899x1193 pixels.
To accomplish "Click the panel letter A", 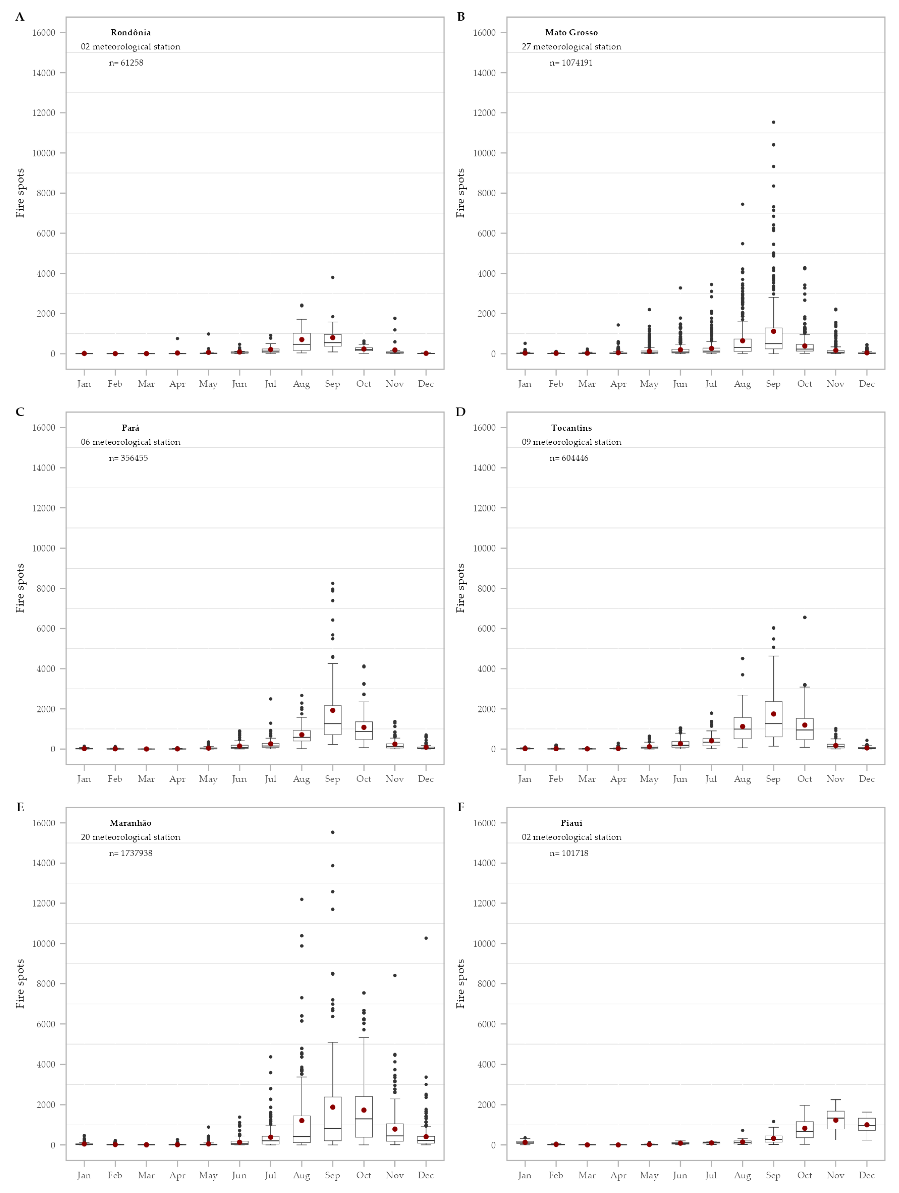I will click(x=20, y=17).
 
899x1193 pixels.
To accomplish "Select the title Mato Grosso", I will click(x=571, y=32).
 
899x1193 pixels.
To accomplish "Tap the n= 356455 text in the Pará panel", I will click(x=128, y=458).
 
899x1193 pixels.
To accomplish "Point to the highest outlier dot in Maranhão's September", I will click(x=333, y=832).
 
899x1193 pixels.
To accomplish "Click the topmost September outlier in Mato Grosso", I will click(x=773, y=122).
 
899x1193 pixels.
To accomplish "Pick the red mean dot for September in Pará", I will click(x=333, y=710).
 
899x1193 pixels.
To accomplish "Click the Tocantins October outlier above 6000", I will click(x=805, y=617).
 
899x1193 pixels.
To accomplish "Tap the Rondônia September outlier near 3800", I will click(x=333, y=277).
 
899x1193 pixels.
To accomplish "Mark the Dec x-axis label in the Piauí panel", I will click(x=867, y=1175).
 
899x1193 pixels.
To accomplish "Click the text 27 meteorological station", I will click(x=571, y=47).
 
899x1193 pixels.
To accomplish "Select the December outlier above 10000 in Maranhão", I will click(x=426, y=938).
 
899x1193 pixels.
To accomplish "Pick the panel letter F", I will click(x=461, y=807).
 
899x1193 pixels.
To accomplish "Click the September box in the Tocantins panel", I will click(x=773, y=719).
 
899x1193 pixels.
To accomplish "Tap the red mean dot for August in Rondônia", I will click(x=301, y=340).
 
